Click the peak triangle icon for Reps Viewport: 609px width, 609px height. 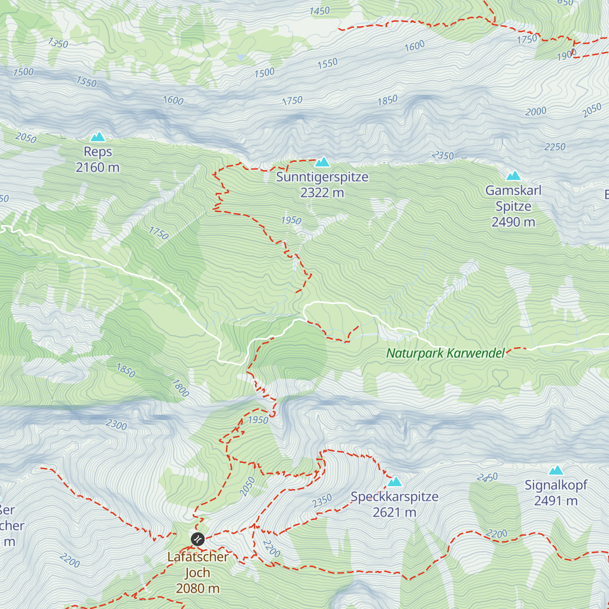[x=97, y=137]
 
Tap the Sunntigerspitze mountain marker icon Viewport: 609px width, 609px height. [x=322, y=162]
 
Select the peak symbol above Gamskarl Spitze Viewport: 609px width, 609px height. [x=514, y=176]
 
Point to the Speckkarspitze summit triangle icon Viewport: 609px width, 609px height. [x=395, y=482]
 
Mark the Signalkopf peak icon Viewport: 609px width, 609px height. [x=556, y=470]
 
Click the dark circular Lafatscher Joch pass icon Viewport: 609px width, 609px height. [x=197, y=539]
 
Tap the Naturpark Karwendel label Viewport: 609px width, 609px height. [x=446, y=353]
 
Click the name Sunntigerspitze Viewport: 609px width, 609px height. [x=322, y=177]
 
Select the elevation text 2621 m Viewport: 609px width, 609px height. [x=394, y=513]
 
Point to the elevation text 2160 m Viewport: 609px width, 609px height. [x=97, y=167]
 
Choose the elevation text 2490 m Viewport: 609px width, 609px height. [x=513, y=222]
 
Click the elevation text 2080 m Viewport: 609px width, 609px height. [x=197, y=588]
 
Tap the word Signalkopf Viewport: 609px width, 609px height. [x=556, y=485]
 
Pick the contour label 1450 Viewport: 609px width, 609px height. [x=319, y=11]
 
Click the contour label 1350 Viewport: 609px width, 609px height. [x=58, y=43]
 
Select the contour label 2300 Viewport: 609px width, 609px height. [x=116, y=424]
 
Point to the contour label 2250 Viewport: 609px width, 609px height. [x=555, y=147]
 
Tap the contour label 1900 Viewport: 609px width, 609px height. [x=566, y=55]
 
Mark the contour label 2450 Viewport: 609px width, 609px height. [x=487, y=478]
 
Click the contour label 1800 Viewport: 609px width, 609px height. [x=180, y=388]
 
